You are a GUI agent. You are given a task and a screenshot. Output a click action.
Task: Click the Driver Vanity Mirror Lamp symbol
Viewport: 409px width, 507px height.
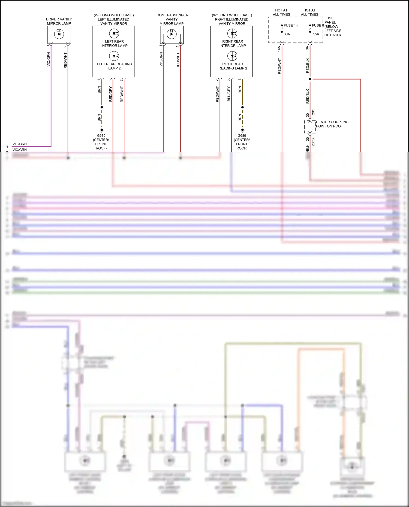(x=59, y=34)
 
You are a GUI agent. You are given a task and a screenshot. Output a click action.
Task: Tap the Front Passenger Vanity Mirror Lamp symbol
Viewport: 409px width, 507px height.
(x=172, y=34)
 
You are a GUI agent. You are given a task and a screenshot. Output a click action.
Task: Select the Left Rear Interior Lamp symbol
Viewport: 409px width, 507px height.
(x=114, y=34)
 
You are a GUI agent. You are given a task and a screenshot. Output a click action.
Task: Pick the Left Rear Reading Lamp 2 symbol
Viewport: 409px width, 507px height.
(x=114, y=56)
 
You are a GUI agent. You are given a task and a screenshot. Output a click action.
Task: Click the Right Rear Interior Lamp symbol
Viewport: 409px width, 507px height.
(x=232, y=34)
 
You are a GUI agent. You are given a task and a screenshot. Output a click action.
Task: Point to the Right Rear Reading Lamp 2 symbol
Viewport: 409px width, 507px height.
(x=232, y=56)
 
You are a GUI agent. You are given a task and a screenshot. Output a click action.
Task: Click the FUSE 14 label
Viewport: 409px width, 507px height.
(x=291, y=25)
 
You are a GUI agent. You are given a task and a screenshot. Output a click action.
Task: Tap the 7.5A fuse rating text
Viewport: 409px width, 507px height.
(x=315, y=34)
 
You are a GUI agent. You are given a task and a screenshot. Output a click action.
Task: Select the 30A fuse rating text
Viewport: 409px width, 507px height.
(x=287, y=34)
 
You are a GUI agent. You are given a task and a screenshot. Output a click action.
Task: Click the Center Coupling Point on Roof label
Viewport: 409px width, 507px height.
(x=332, y=124)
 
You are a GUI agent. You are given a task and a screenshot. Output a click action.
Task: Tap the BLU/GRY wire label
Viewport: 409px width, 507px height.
(x=229, y=94)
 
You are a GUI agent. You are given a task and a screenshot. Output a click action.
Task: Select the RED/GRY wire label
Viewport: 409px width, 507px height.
(x=110, y=94)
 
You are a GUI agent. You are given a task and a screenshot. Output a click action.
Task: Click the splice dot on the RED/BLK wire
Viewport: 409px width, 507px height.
(x=310, y=79)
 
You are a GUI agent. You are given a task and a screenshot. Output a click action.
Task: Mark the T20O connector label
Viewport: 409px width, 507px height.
(x=313, y=113)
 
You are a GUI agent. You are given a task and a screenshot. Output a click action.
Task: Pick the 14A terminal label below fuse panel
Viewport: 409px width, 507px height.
(x=279, y=49)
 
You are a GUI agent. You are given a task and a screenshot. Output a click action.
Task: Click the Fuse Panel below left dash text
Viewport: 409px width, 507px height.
(x=332, y=26)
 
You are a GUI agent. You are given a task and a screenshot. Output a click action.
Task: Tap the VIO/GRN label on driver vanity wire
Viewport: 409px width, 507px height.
(x=49, y=59)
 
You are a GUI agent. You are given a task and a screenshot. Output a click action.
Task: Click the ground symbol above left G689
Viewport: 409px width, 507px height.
(x=102, y=130)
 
